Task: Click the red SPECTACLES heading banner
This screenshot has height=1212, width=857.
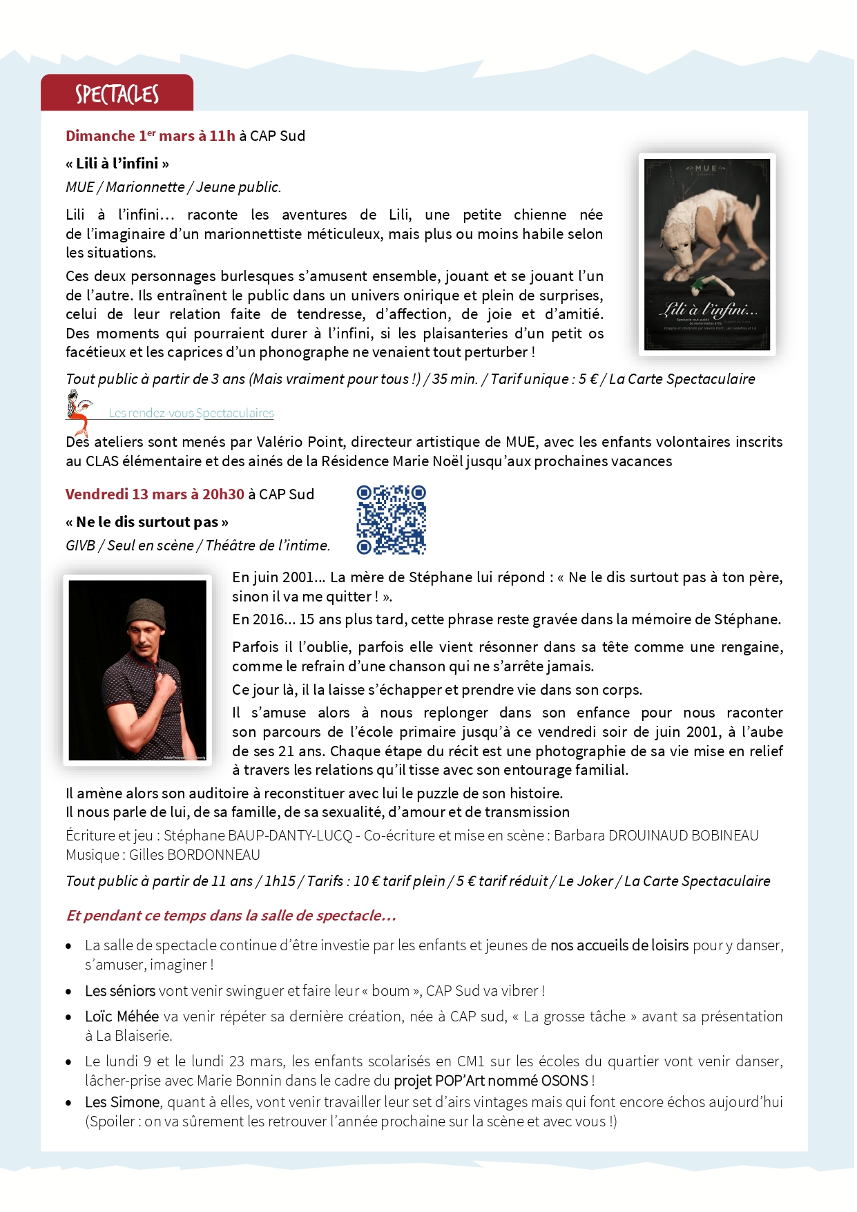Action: (117, 93)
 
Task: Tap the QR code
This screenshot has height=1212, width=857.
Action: (391, 519)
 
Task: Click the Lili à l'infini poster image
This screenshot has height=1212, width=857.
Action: (706, 254)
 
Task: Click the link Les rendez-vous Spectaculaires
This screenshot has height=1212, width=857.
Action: (191, 413)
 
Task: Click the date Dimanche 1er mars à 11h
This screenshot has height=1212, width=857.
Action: (151, 136)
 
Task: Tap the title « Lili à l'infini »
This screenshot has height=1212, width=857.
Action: (117, 164)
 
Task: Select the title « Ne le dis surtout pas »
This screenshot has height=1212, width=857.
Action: (147, 522)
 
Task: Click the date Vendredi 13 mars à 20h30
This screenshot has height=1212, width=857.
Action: (155, 494)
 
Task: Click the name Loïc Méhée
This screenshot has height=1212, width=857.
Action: (122, 1017)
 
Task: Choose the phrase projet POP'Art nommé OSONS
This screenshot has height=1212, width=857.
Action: (491, 1081)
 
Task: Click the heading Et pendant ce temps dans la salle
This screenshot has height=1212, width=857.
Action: (231, 916)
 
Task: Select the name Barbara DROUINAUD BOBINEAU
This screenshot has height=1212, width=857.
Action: (656, 836)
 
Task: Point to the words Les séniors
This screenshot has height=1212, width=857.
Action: (120, 991)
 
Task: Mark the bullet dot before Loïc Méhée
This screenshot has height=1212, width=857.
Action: (68, 1017)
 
